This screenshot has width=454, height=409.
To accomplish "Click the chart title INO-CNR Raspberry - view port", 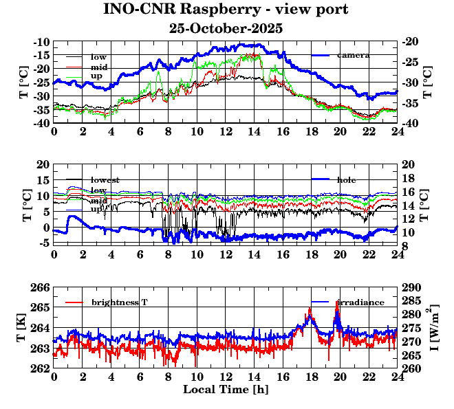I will coord(226,10).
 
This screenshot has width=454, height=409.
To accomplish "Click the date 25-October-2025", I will coord(226,29).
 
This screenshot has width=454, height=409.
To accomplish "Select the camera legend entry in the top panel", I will coord(353,55).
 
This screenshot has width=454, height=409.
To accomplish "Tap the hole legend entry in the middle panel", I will coord(347,180).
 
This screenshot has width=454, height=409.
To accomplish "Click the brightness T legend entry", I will coord(119,302).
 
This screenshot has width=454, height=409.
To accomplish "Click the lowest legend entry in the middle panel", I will coord(105,180).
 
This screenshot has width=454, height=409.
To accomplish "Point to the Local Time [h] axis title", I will coord(226,389).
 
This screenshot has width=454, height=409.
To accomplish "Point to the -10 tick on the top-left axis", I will coord(41,42).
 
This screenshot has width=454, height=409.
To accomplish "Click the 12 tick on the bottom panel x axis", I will coord(226,377).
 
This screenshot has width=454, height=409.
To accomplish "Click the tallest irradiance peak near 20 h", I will coord(337,302).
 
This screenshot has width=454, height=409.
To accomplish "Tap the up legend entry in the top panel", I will coord(97,76).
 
